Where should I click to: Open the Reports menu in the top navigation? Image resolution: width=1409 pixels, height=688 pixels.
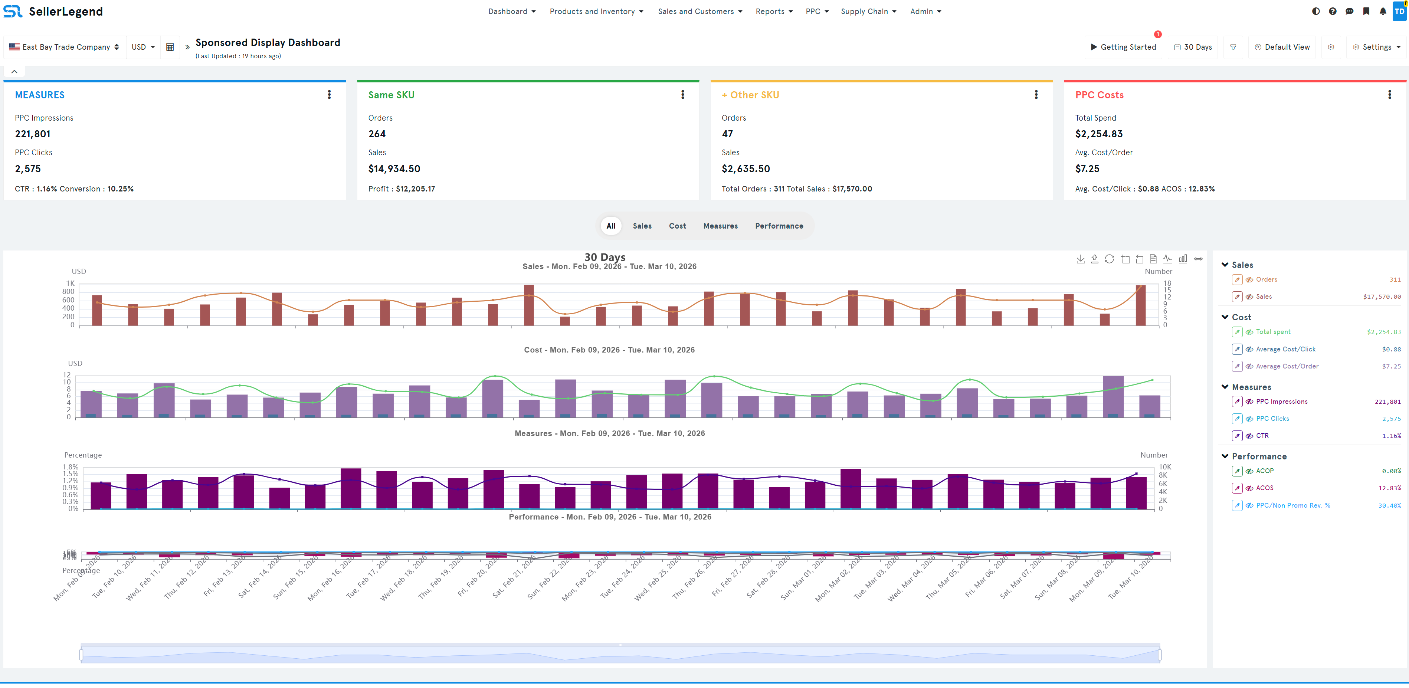click(x=773, y=12)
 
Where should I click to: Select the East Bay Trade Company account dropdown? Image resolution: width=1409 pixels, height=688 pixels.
click(x=65, y=47)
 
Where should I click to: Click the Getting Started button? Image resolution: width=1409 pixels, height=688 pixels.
click(x=1124, y=47)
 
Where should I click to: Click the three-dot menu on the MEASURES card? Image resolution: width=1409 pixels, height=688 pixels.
click(x=329, y=95)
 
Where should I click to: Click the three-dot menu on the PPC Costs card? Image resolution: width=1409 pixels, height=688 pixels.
click(x=1389, y=95)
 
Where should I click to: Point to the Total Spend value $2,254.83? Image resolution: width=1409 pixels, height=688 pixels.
click(x=1098, y=134)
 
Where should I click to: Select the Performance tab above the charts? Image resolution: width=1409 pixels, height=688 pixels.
click(x=779, y=226)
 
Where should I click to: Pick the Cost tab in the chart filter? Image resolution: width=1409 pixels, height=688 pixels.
click(x=677, y=226)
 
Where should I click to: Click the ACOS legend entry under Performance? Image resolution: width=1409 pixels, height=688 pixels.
click(x=1265, y=488)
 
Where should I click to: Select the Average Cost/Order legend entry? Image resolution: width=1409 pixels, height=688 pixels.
click(x=1287, y=366)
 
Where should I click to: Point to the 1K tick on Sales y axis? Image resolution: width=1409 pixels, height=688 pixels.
click(x=70, y=283)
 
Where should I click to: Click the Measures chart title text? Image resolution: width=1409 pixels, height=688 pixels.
click(x=609, y=433)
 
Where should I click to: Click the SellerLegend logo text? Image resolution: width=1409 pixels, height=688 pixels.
click(x=66, y=12)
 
